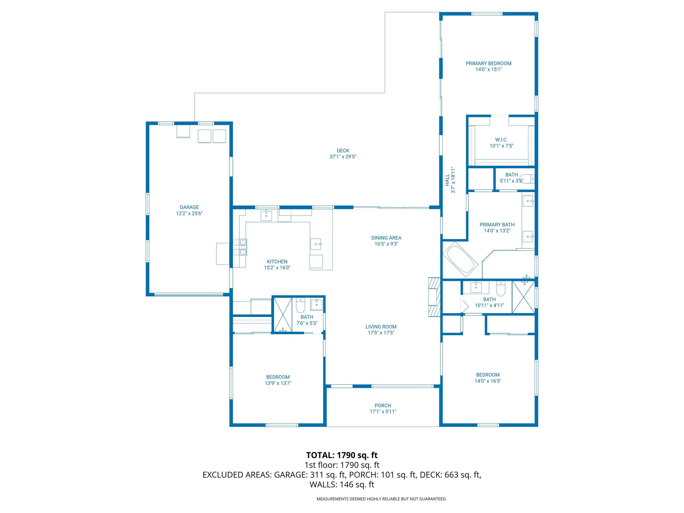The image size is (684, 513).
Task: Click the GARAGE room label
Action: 189,207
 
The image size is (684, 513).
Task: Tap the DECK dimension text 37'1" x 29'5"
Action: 343,157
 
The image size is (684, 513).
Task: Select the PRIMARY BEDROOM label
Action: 488,63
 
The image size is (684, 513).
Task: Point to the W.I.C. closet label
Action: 501,140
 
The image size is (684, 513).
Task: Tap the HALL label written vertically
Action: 447,180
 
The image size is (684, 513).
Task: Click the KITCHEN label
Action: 277,262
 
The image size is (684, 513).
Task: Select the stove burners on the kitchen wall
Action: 240,247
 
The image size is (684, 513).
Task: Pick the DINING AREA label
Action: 386,238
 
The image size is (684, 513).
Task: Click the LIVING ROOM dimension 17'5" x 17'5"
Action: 381,333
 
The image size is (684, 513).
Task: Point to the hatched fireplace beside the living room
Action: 434,297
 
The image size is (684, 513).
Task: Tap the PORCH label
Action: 382,405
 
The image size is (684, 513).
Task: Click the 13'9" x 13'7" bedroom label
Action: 278,377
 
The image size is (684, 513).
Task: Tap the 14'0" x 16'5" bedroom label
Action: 488,375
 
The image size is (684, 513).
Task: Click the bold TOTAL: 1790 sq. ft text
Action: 342,455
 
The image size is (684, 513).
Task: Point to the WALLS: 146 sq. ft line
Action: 342,485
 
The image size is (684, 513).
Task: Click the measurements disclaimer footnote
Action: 381,499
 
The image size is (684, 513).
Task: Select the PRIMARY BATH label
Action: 497,225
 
